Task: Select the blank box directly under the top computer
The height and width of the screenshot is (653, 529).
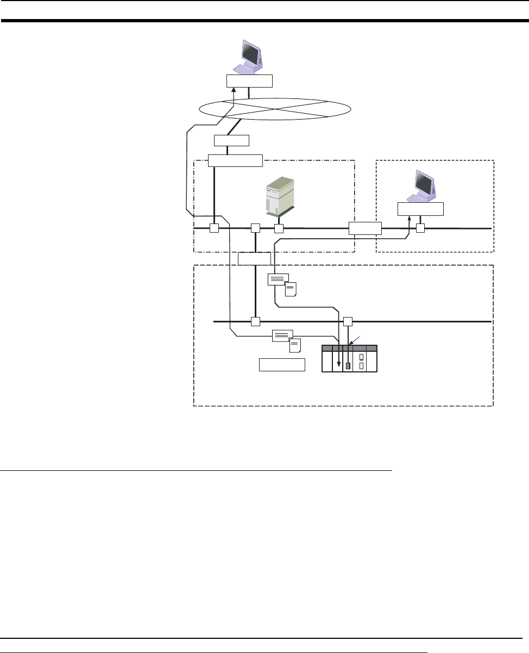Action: (249, 81)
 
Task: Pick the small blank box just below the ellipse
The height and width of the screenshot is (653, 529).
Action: (231, 140)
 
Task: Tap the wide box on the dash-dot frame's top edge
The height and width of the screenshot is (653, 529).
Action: (235, 160)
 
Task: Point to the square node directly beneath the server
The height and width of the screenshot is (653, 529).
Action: (279, 229)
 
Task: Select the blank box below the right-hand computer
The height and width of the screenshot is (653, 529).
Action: (420, 209)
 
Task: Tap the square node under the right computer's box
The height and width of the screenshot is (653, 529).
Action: (420, 229)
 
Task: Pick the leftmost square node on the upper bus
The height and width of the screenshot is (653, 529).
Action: (214, 229)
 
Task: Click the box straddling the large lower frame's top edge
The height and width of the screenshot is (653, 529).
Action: (254, 259)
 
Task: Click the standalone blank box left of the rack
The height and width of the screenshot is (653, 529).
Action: (282, 365)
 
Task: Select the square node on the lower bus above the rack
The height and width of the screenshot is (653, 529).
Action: (348, 321)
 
